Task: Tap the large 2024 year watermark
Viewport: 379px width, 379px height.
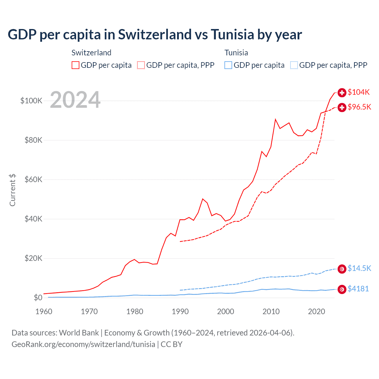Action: click(x=75, y=100)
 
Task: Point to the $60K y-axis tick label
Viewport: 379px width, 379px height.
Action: click(x=33, y=179)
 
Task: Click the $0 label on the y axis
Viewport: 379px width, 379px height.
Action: click(x=38, y=298)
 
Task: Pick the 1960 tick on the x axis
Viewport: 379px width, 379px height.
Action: click(x=44, y=311)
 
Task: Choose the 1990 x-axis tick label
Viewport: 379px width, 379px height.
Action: click(x=180, y=311)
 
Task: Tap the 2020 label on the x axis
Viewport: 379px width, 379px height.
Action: click(x=317, y=311)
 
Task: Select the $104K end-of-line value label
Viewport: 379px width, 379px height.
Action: click(x=359, y=92)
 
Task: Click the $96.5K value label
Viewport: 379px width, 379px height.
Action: click(x=359, y=107)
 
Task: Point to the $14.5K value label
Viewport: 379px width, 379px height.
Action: click(x=359, y=268)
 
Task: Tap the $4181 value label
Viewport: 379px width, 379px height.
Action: click(x=358, y=289)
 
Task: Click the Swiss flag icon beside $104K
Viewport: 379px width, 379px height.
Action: click(x=342, y=93)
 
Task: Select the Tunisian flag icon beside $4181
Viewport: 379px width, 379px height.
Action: click(x=342, y=289)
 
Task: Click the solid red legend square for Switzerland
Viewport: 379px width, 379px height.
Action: click(x=76, y=65)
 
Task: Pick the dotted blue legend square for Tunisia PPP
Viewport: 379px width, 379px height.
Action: click(x=294, y=65)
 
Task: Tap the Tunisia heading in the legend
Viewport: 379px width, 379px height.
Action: click(x=236, y=53)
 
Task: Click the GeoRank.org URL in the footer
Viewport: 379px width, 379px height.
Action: click(x=83, y=344)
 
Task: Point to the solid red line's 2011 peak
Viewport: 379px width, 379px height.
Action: click(x=275, y=119)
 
